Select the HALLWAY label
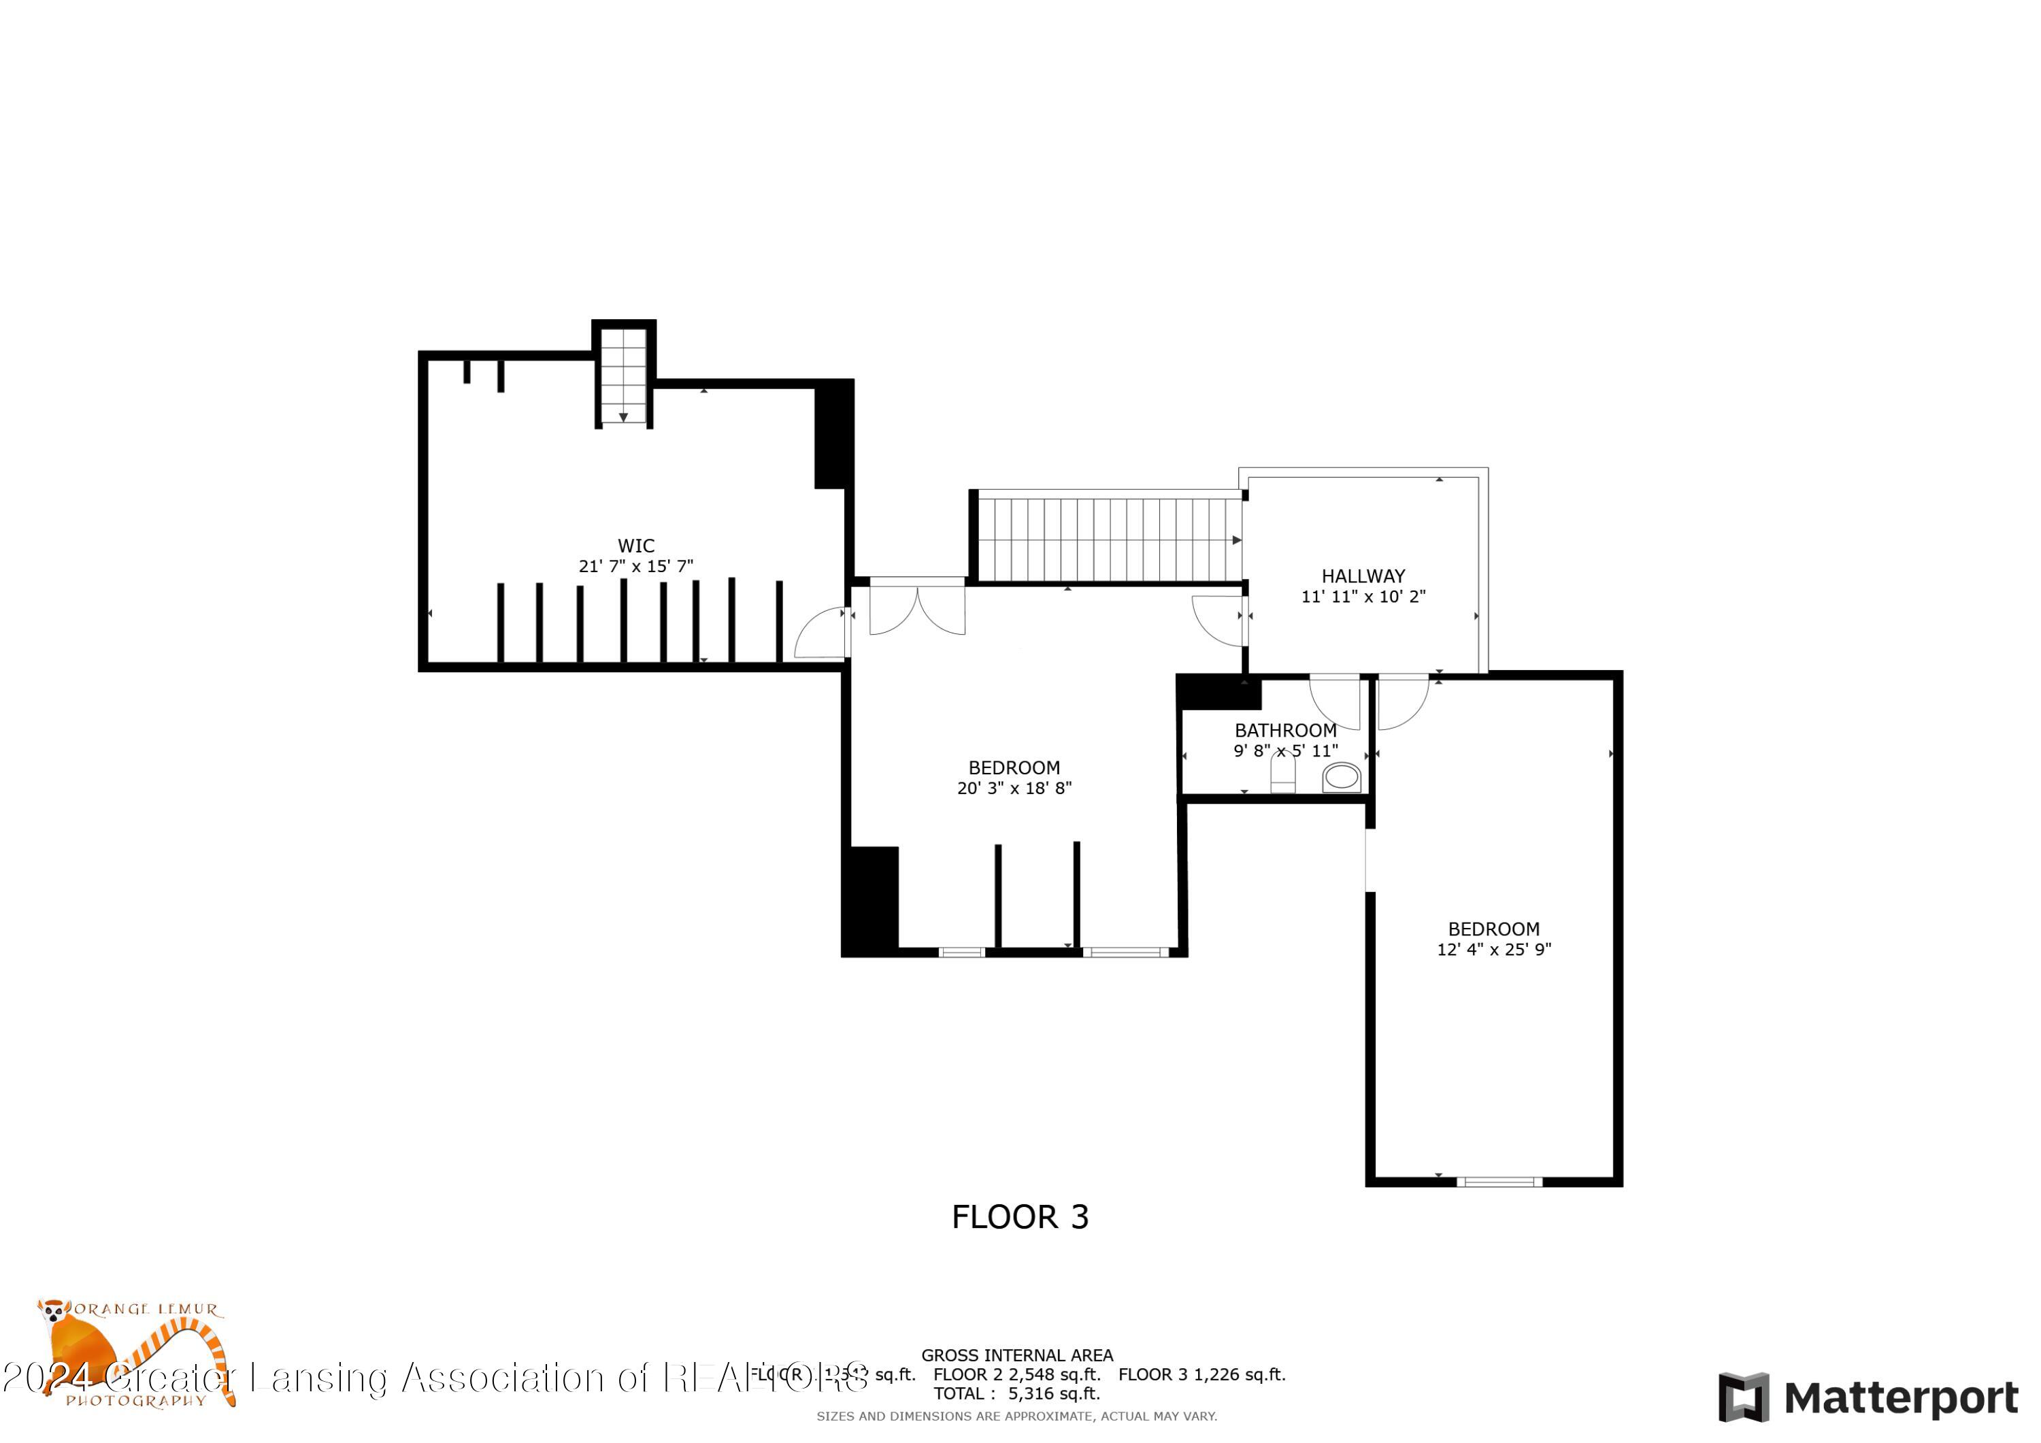click(x=1363, y=576)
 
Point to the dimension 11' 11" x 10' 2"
click(x=1363, y=597)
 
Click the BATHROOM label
click(x=1285, y=731)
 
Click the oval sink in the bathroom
click(x=1342, y=778)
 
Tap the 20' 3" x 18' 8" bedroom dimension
click(x=1014, y=788)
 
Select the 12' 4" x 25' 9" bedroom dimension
click(x=1493, y=950)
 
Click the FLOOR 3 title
click(x=1020, y=1217)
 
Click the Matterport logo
click(x=1868, y=1399)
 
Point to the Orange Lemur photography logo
click(x=133, y=1354)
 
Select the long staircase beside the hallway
click(x=1108, y=539)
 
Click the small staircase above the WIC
click(x=623, y=375)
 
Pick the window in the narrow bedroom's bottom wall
click(x=1499, y=1182)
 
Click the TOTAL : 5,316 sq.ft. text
click(x=1016, y=1393)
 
